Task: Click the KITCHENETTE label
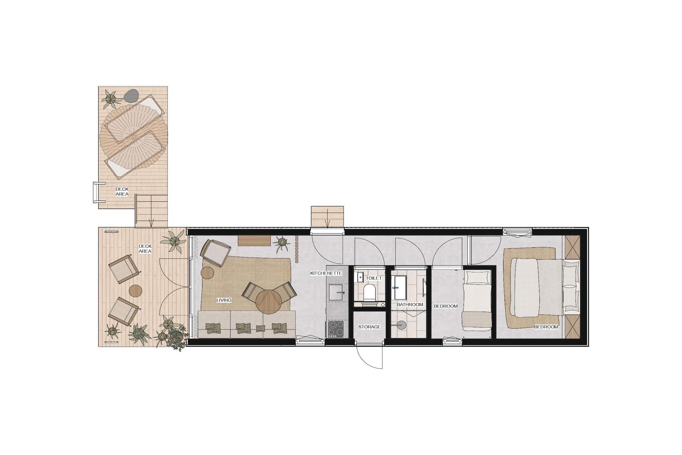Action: click(326, 273)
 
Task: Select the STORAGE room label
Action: click(369, 327)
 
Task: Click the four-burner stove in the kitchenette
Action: click(337, 329)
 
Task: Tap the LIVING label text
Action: click(224, 300)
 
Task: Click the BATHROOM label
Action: click(410, 305)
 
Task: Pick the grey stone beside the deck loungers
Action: click(131, 96)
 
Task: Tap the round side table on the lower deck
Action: click(136, 291)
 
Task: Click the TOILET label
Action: click(374, 278)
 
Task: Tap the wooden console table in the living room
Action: click(254, 241)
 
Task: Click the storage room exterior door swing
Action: click(370, 356)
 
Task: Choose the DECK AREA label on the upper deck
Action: click(122, 192)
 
